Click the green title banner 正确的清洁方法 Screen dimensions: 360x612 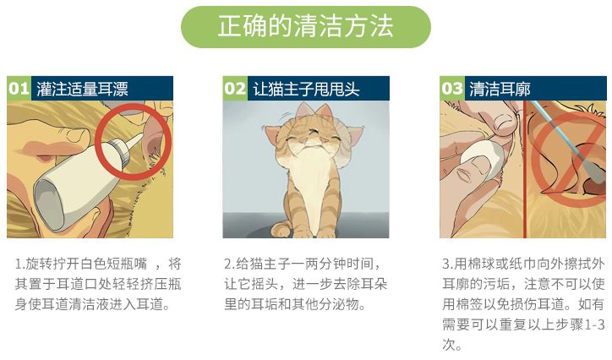coord(305,26)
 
